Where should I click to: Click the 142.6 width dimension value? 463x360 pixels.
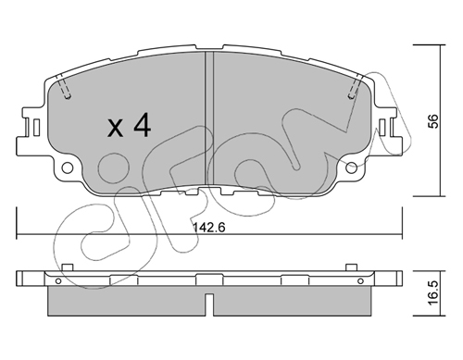tap(209, 228)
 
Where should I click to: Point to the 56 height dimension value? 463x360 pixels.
tap(434, 121)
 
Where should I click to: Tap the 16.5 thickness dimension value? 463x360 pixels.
tap(433, 292)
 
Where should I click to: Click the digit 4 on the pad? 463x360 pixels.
tap(142, 124)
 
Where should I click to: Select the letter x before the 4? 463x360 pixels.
tap(115, 129)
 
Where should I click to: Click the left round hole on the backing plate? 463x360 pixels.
tap(68, 168)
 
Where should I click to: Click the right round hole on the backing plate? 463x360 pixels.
tap(351, 168)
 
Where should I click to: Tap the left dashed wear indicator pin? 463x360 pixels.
tap(64, 87)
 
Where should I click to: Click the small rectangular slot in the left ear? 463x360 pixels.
tap(36, 127)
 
